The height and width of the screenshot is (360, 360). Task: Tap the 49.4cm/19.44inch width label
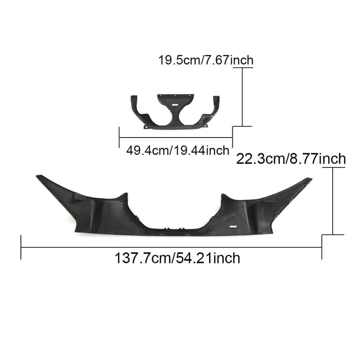(x=178, y=150)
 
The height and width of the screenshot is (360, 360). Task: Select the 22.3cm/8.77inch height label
(x=291, y=158)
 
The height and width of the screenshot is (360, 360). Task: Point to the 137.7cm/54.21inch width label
(x=177, y=258)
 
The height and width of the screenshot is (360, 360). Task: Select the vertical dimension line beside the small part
(x=242, y=97)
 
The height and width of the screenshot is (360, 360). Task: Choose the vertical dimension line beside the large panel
(x=333, y=201)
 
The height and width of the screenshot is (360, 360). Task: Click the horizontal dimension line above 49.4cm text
(x=176, y=138)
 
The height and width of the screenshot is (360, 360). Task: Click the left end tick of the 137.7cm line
(x=21, y=247)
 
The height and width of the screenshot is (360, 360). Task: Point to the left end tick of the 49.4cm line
(x=119, y=137)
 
